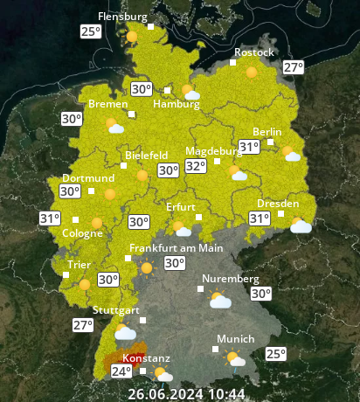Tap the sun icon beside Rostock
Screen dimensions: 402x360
pyautogui.click(x=253, y=73)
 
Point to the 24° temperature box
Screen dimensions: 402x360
pyautogui.click(x=121, y=371)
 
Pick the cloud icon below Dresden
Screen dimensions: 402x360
pyautogui.click(x=301, y=226)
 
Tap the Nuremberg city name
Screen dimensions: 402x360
pyautogui.click(x=231, y=280)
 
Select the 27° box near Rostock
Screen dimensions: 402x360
pyautogui.click(x=293, y=67)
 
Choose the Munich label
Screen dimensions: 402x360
pyautogui.click(x=236, y=339)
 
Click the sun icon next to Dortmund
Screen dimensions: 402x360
pyautogui.click(x=110, y=195)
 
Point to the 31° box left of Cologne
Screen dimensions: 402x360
pyautogui.click(x=50, y=218)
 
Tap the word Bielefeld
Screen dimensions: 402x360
pyautogui.click(x=147, y=155)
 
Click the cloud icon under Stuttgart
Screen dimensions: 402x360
pyautogui.click(x=125, y=332)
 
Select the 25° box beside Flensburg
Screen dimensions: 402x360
pyautogui.click(x=90, y=31)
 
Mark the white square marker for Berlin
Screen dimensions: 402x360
pyautogui.click(x=271, y=142)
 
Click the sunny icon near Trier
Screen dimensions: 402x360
pyautogui.click(x=85, y=283)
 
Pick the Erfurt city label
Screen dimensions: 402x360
pyautogui.click(x=180, y=207)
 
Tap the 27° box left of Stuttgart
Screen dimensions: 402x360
pyautogui.click(x=82, y=325)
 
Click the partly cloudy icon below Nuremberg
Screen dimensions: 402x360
pyautogui.click(x=218, y=301)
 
